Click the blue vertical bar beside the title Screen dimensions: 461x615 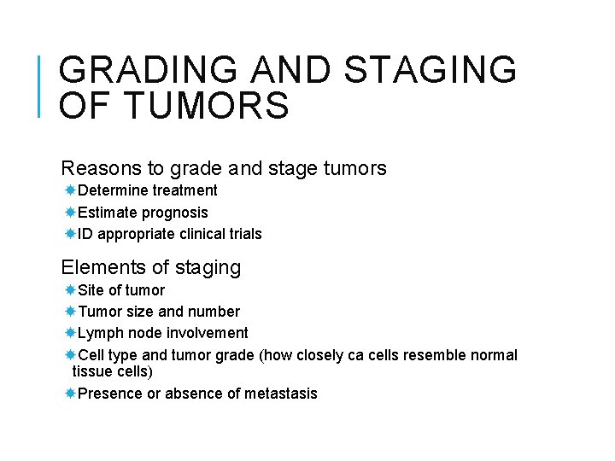point(41,85)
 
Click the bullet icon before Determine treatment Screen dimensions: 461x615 point(71,190)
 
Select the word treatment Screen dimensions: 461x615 point(184,190)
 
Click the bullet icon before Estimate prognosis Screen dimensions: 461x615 point(71,212)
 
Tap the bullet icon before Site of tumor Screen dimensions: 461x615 point(71,290)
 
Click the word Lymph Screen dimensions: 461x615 point(99,333)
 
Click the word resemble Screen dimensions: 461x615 point(434,355)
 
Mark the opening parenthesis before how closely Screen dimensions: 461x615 point(260,355)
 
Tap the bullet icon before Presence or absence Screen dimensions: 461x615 point(71,394)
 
